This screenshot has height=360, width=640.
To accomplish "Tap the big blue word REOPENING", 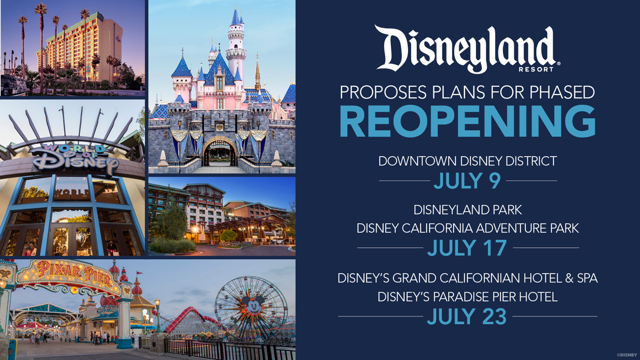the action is coord(467,121).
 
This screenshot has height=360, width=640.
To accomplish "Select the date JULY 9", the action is coord(467,180).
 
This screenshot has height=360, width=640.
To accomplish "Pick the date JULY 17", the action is coord(467,247).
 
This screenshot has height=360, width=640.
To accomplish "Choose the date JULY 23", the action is coord(467,316).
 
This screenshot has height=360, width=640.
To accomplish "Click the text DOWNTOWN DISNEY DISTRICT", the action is coord(467,161).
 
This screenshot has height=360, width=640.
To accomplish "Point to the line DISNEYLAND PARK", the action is coord(467,210).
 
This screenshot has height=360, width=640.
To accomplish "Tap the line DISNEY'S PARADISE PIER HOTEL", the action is coord(467,297).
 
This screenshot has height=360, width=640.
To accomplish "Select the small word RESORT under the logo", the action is coord(535,69).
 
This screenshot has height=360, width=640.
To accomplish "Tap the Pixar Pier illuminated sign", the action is coord(74,275).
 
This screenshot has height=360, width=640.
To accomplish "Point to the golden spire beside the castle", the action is coord(257,71).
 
